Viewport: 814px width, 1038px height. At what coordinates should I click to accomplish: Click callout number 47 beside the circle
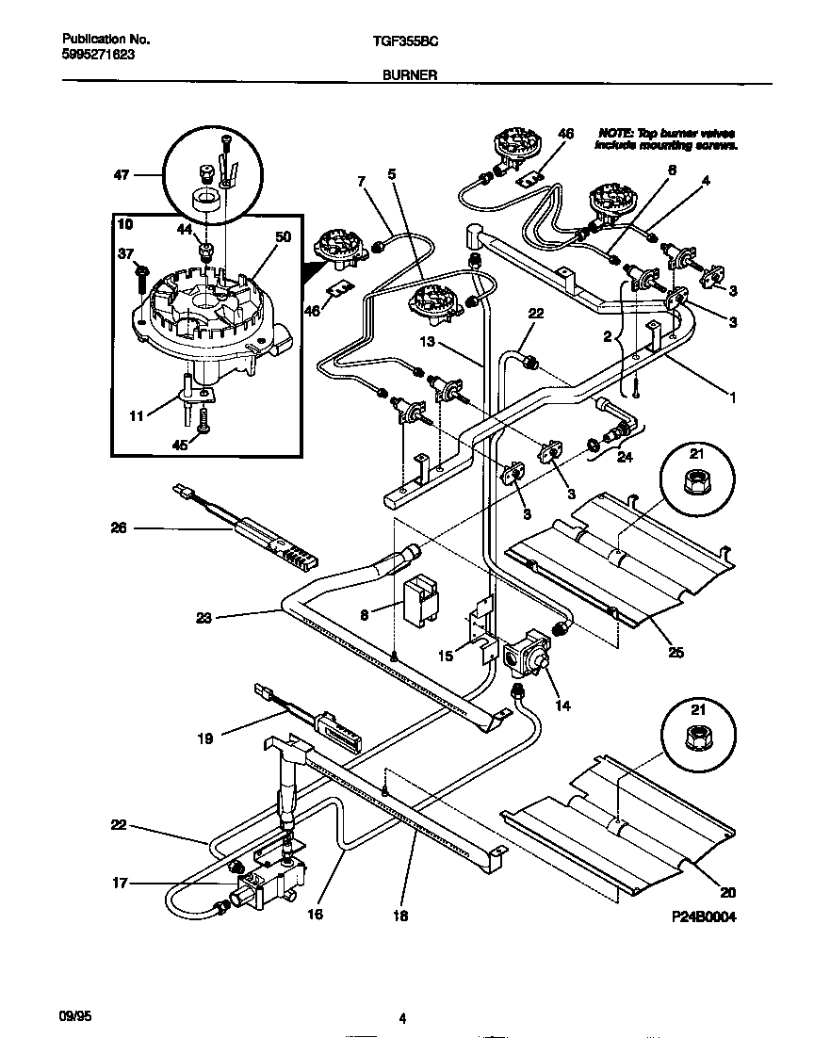pyautogui.click(x=121, y=174)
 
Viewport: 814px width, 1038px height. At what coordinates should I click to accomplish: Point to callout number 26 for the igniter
pyautogui.click(x=118, y=528)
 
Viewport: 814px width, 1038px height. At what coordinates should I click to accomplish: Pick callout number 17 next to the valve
pyautogui.click(x=120, y=883)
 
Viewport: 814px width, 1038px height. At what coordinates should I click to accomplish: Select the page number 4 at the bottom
pyautogui.click(x=402, y=1018)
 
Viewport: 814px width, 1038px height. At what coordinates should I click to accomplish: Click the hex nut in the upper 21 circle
pyautogui.click(x=697, y=485)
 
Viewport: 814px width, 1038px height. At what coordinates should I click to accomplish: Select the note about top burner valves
pyautogui.click(x=666, y=139)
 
